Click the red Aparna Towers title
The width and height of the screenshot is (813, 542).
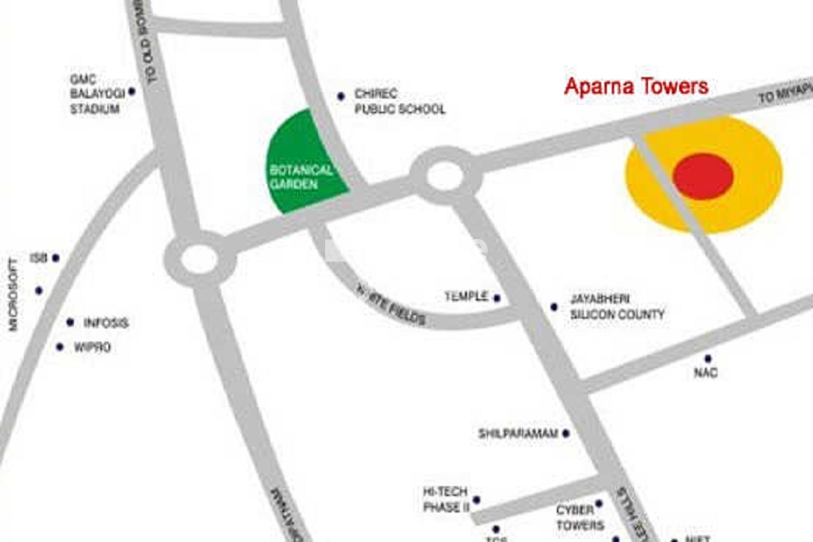636,87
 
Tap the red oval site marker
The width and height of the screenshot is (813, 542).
703,176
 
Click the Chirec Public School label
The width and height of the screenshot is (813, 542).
399,102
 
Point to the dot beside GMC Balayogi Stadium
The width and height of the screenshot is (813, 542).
131,91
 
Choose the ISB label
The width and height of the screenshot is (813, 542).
39,258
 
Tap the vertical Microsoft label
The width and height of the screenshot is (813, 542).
13,294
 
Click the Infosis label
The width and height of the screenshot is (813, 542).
106,323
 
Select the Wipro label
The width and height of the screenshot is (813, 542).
92,347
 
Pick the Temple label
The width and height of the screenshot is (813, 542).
466,296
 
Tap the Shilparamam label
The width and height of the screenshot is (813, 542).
517,433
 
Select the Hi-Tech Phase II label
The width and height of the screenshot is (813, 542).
445,499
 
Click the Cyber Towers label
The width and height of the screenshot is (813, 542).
580,517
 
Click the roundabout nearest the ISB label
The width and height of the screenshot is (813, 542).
200,260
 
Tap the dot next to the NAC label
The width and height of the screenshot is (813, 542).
707,359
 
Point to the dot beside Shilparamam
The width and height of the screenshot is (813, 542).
566,433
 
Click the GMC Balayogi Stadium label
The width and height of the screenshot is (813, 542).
94,94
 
